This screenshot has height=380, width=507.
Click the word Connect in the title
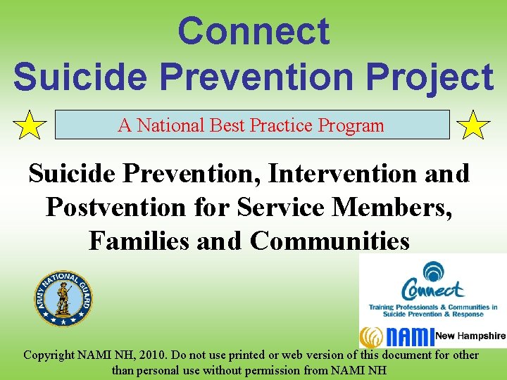tap(254, 32)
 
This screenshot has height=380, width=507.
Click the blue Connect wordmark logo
tap(432, 289)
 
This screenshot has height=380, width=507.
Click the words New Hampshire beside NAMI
tap(470, 336)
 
